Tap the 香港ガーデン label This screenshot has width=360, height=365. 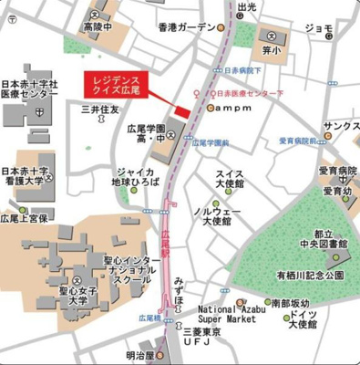point(185,27)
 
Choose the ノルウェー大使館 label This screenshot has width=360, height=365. point(217,216)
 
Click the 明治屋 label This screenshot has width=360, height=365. point(140,356)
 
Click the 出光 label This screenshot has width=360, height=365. point(245,7)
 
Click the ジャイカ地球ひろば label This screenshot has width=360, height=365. point(135,176)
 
